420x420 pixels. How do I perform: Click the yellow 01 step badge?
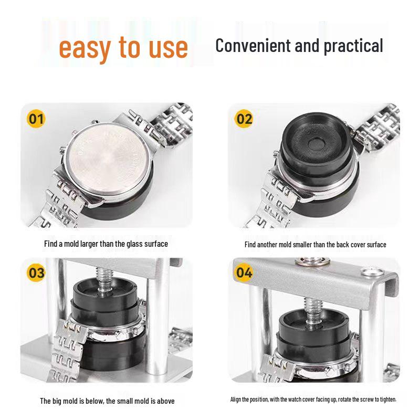click(36, 119)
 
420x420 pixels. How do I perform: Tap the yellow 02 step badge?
click(244, 119)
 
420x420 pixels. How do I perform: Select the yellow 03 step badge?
click(36, 272)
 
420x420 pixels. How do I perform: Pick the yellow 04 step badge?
click(244, 272)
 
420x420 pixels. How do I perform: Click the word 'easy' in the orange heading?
click(85, 49)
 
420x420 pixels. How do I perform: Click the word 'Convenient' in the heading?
click(253, 46)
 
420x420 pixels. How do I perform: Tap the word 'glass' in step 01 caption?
click(135, 244)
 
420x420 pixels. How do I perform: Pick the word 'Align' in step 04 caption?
click(236, 400)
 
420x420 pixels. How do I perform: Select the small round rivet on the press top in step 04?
click(372, 272)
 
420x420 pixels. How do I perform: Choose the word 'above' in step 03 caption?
click(165, 401)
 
